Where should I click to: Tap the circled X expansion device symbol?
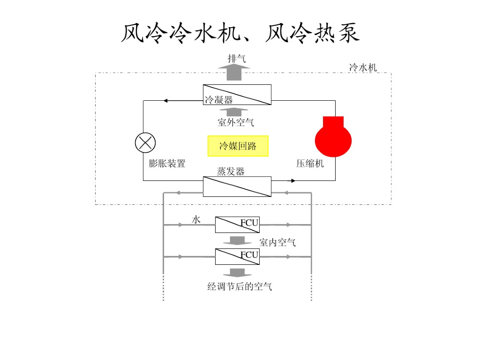(145, 142)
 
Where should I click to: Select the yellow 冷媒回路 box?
(238, 146)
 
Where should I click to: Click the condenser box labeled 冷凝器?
(237, 95)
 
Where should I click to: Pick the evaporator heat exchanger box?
(237, 187)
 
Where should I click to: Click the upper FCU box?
(237, 225)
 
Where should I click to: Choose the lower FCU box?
(237, 256)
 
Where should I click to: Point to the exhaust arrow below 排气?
(234, 72)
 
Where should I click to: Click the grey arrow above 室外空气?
(234, 112)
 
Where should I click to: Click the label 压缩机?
(310, 164)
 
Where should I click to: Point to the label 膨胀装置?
(167, 164)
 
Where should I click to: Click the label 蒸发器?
(231, 171)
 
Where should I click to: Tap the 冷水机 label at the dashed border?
(363, 67)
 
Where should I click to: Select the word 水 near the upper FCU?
(196, 219)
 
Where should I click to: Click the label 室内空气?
(277, 242)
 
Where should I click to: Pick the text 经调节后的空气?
(240, 286)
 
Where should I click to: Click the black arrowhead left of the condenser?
(166, 100)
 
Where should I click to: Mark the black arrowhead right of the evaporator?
(293, 180)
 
